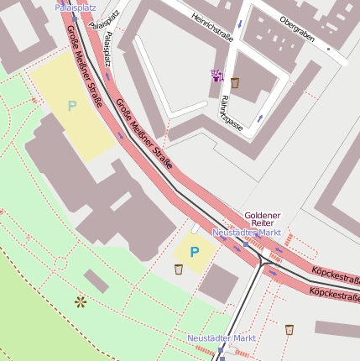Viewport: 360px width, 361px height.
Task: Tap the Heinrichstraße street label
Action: [x=211, y=29]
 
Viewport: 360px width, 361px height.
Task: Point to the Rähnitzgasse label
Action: [x=232, y=112]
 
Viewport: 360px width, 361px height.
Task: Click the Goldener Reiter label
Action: [x=260, y=220]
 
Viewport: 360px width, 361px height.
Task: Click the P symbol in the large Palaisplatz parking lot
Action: [x=72, y=106]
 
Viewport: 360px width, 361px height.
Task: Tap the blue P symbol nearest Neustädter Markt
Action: [x=195, y=251]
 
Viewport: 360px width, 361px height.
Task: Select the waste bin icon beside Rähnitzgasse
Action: [x=235, y=82]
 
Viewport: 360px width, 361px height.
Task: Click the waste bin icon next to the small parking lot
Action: [x=179, y=269]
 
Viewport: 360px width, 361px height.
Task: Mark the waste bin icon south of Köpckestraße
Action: [x=290, y=329]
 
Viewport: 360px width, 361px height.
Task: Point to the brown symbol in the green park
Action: [x=81, y=301]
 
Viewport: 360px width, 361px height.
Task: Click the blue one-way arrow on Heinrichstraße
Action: [x=240, y=23]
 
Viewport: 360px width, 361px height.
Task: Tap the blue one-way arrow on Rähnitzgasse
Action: [x=260, y=118]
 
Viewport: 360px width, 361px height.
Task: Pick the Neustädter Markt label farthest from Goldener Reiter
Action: [x=221, y=337]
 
